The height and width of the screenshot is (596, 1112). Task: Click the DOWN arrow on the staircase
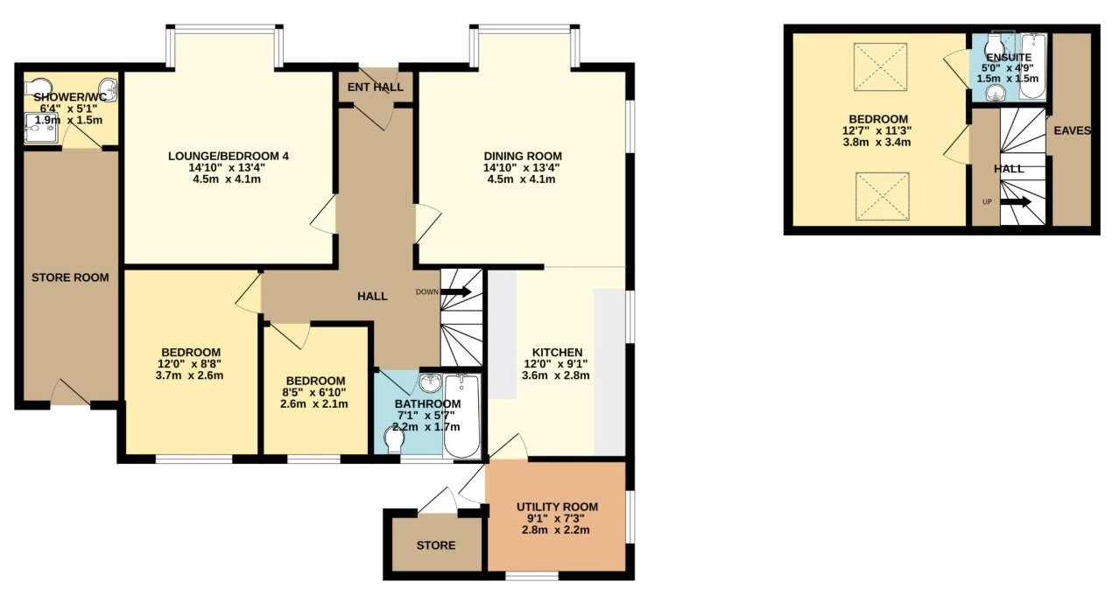click(x=455, y=291)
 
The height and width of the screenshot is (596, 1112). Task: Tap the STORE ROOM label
click(x=70, y=277)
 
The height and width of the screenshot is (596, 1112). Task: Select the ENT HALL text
click(x=376, y=88)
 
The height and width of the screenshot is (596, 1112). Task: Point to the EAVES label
click(x=1073, y=130)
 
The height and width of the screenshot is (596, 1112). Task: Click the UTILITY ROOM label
click(x=557, y=508)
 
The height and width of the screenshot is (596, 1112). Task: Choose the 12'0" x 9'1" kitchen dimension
click(x=557, y=364)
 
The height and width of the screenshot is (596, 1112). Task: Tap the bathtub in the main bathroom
click(x=461, y=416)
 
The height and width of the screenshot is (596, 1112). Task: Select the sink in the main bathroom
click(x=430, y=382)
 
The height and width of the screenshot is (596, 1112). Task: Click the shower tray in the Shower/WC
click(x=42, y=128)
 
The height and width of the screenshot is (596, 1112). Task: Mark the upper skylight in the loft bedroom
click(x=881, y=67)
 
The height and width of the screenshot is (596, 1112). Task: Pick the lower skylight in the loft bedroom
click(x=882, y=196)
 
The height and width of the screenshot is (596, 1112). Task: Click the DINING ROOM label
click(x=523, y=156)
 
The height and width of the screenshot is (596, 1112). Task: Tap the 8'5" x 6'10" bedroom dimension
click(x=313, y=393)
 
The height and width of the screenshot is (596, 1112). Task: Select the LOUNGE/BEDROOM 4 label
click(x=229, y=156)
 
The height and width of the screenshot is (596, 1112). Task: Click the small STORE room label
click(x=436, y=545)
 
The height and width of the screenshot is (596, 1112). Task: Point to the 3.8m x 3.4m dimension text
click(x=876, y=143)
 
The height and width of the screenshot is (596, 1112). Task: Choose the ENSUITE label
click(x=1009, y=57)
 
